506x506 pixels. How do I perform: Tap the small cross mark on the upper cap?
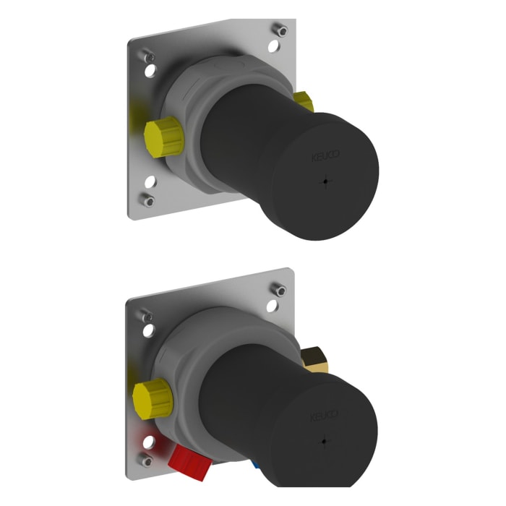click(x=327, y=181)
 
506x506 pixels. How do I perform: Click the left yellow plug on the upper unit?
click(x=163, y=134)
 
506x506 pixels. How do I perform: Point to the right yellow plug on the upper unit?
click(x=304, y=102)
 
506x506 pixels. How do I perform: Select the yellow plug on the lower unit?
click(x=152, y=397)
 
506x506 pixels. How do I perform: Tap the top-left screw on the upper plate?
click(x=149, y=56)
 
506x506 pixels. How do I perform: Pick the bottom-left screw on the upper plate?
click(x=149, y=200)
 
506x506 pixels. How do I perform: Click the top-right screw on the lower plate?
click(x=279, y=291)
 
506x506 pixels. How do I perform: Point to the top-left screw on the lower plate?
click(x=147, y=316)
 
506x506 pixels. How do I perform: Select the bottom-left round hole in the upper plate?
click(x=151, y=184)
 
